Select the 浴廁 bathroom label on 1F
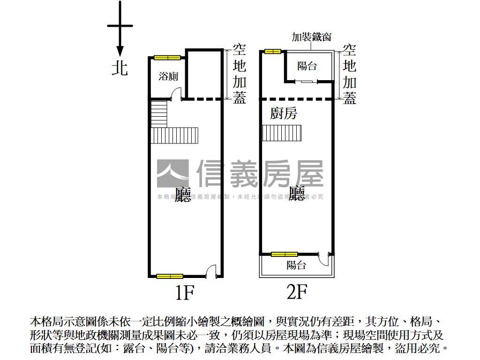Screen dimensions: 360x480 point(168,76)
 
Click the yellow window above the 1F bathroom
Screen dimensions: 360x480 point(167,58)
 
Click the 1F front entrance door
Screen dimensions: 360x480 point(211,271)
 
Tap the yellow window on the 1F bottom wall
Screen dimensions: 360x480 point(170,276)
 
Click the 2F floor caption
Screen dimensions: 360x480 point(297,292)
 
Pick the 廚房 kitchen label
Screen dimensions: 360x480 point(284,113)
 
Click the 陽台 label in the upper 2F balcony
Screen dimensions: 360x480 point(307,66)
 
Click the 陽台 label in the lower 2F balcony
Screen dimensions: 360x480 point(296,265)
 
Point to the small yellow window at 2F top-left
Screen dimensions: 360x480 point(272,51)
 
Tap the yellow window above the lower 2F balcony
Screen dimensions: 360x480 point(285,254)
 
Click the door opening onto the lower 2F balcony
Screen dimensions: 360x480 point(324,258)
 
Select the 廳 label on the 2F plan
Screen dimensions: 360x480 point(297,193)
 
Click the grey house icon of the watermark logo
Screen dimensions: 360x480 point(172,173)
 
